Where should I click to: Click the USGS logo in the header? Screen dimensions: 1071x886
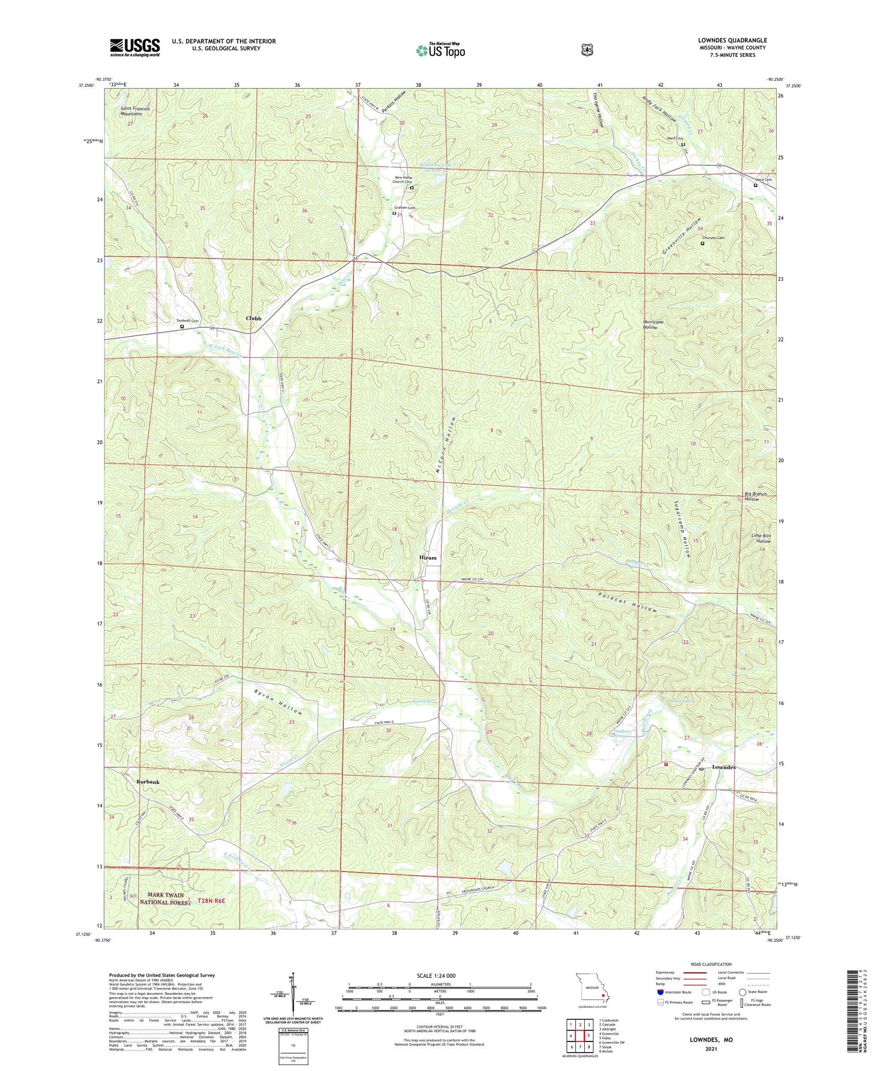(134, 47)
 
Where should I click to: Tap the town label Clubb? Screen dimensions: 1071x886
(253, 318)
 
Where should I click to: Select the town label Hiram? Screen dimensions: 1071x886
(428, 558)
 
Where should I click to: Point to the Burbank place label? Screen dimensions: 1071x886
(148, 782)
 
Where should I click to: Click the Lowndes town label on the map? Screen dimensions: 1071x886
(724, 767)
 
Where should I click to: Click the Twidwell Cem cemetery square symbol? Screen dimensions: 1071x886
(182, 326)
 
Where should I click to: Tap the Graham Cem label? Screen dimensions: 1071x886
(405, 208)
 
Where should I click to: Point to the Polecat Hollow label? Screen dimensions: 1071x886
(627, 602)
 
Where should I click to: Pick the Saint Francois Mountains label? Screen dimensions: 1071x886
(135, 111)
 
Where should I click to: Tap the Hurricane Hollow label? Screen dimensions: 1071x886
(653, 325)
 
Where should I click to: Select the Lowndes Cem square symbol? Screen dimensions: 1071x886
(702, 243)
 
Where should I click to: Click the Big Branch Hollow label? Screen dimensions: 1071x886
(755, 496)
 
